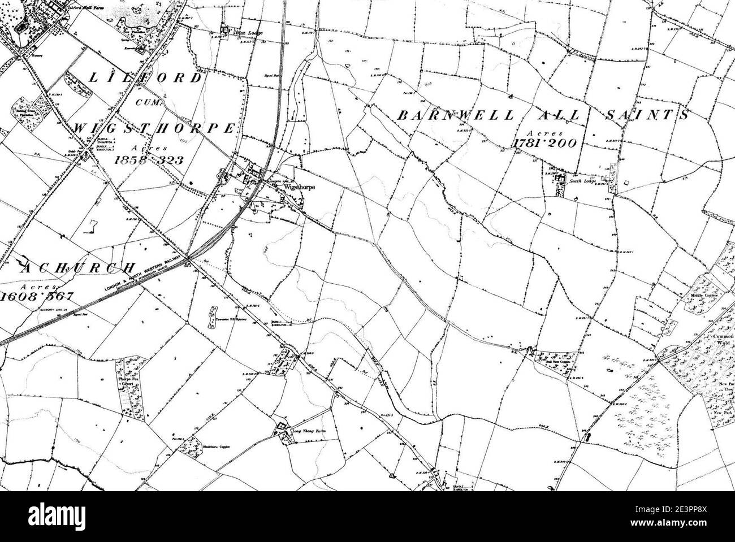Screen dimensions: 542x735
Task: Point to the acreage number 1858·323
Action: [x=149, y=160]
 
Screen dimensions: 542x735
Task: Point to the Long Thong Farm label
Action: [x=309, y=431]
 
